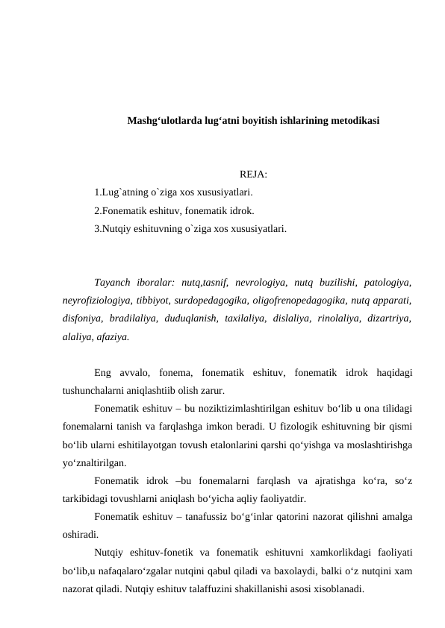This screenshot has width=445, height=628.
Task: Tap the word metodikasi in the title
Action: point(353,120)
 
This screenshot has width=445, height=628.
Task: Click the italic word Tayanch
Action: point(112,283)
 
